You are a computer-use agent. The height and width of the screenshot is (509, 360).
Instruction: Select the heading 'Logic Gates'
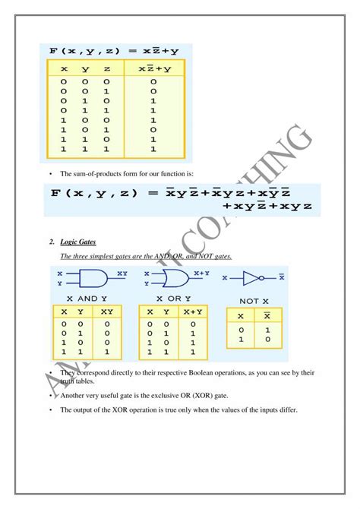click(x=77, y=241)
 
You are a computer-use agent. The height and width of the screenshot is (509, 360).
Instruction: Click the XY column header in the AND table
click(x=106, y=311)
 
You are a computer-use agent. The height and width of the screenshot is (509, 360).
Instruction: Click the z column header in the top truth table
click(x=106, y=68)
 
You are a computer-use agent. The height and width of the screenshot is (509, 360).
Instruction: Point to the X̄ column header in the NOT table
click(x=266, y=316)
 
